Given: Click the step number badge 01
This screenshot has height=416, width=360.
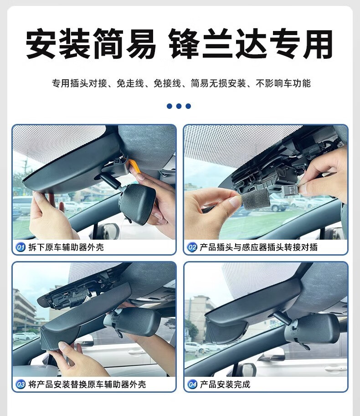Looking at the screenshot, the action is coord(21,247).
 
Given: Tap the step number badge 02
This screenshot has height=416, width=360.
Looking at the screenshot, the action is coord(192,247).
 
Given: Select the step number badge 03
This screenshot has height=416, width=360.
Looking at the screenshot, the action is coord(21,384).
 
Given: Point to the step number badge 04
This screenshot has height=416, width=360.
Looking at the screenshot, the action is coord(192,384).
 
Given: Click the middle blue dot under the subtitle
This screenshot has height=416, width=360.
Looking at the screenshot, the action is coord(179,106).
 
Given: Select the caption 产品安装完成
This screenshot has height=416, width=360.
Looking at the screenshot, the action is coord(225,384).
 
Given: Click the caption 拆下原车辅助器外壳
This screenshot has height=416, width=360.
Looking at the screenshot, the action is coord(66,247).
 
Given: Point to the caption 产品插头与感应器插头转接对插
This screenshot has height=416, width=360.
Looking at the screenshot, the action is coord(259,247).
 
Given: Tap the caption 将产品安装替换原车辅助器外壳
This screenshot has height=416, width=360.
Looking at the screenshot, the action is coord(87,384).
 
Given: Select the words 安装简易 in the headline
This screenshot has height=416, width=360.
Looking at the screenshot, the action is coord(91,43).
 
